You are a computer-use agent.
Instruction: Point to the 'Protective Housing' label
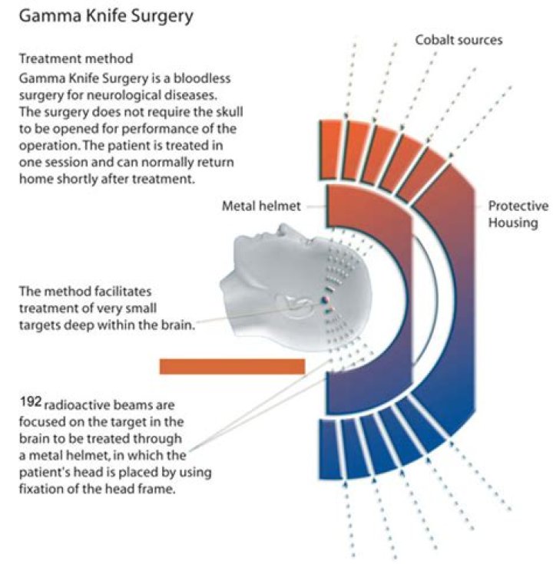[518, 214]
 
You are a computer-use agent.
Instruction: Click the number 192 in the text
[30, 401]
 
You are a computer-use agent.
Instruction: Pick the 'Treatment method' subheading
[76, 58]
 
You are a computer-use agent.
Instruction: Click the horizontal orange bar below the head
[232, 366]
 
